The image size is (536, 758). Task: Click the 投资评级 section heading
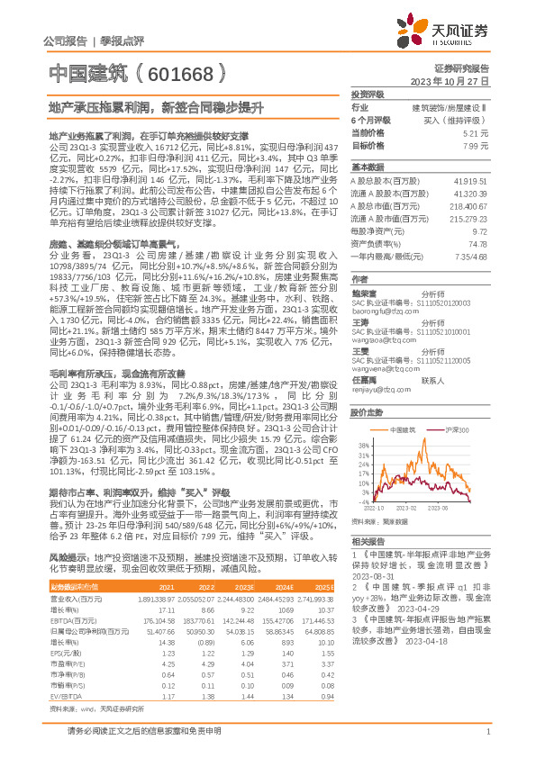click(x=367, y=95)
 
